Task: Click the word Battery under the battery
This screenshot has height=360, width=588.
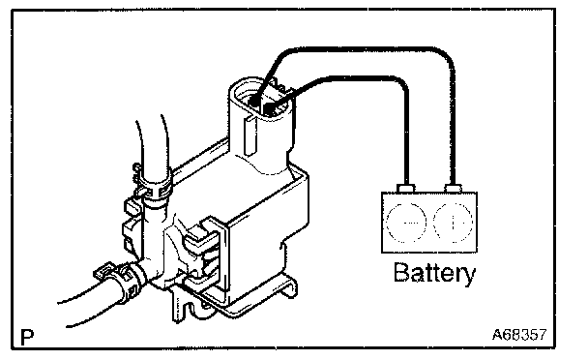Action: point(434,273)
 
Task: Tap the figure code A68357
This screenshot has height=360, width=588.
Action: point(519,334)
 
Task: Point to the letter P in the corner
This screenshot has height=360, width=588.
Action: point(27,337)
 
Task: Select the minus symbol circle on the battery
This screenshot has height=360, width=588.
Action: point(406,223)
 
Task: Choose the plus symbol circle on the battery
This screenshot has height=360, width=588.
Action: point(453,223)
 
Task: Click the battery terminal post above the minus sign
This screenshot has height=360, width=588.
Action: point(406,188)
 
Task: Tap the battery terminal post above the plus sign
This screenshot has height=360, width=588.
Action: point(453,188)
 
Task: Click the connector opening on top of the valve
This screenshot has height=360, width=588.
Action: point(262,99)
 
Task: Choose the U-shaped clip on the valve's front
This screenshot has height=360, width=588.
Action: point(204,251)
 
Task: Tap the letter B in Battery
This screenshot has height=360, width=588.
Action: point(400,272)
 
